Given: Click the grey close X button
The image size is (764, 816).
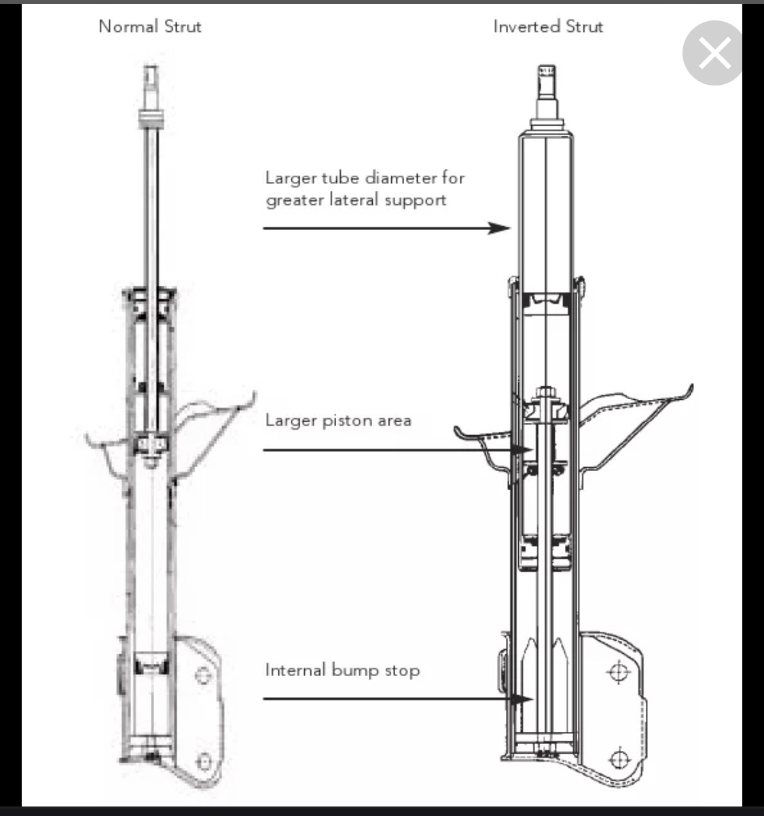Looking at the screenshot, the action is [714, 53].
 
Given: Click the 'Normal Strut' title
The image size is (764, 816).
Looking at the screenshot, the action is [150, 27].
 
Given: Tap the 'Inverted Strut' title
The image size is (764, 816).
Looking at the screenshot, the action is [548, 27].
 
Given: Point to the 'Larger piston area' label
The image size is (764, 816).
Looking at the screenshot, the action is [338, 421].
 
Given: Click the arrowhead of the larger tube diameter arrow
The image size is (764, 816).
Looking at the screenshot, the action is [498, 228].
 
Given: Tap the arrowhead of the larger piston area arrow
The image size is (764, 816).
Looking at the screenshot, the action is [522, 450].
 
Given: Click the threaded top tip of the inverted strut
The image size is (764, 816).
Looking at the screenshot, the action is [547, 71].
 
